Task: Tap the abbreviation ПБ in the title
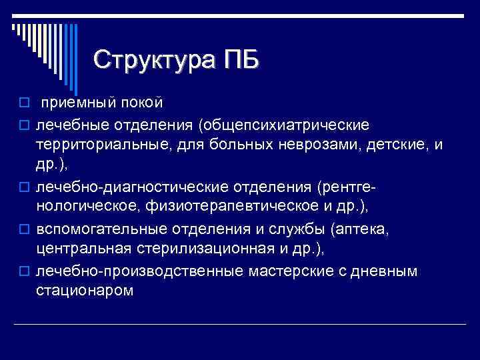[x=237, y=60]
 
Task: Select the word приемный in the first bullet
[x=77, y=103]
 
